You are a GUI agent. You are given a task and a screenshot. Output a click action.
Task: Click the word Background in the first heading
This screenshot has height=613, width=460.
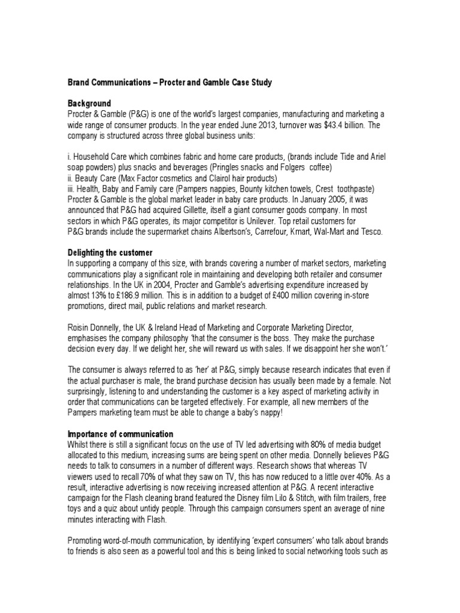pos(89,104)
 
